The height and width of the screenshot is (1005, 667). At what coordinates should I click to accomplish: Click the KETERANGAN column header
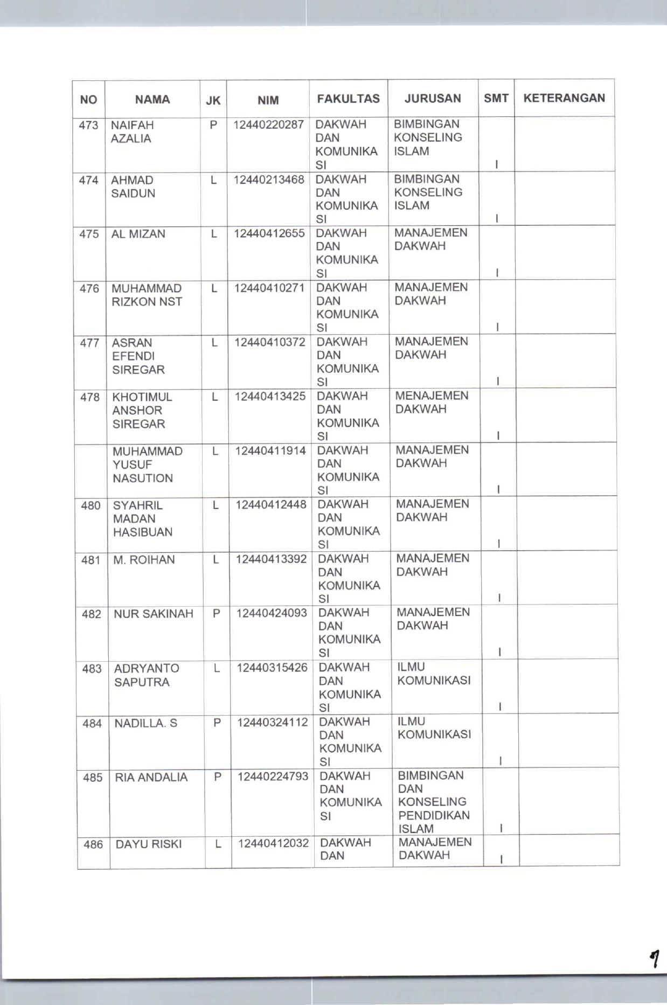(x=564, y=98)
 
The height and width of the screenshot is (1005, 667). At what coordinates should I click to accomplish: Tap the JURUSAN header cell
(x=433, y=99)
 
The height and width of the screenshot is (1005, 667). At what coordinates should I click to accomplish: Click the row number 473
(x=88, y=126)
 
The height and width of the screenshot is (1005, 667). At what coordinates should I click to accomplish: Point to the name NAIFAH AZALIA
(x=132, y=132)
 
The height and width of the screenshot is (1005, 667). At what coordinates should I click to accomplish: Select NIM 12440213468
(x=268, y=179)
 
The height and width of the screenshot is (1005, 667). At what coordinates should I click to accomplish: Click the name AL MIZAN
(x=138, y=234)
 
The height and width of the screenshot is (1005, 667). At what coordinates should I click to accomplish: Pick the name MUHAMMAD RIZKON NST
(x=147, y=295)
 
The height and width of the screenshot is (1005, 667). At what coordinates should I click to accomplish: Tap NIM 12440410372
(x=269, y=342)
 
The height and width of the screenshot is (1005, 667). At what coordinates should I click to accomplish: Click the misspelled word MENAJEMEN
(x=432, y=396)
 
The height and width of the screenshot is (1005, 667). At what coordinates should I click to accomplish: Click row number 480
(x=91, y=506)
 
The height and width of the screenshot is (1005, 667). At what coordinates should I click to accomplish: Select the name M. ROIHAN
(x=144, y=560)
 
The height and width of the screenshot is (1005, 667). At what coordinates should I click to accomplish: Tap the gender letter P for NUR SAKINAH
(x=216, y=613)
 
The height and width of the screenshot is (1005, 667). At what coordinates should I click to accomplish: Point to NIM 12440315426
(x=272, y=668)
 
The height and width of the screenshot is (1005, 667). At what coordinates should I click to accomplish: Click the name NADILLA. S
(x=145, y=723)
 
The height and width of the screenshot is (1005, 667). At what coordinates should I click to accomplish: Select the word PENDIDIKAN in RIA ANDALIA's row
(x=434, y=815)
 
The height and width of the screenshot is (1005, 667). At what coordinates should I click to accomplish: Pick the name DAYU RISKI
(x=148, y=844)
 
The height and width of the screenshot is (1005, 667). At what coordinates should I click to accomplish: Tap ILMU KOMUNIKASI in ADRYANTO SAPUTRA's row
(x=434, y=674)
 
